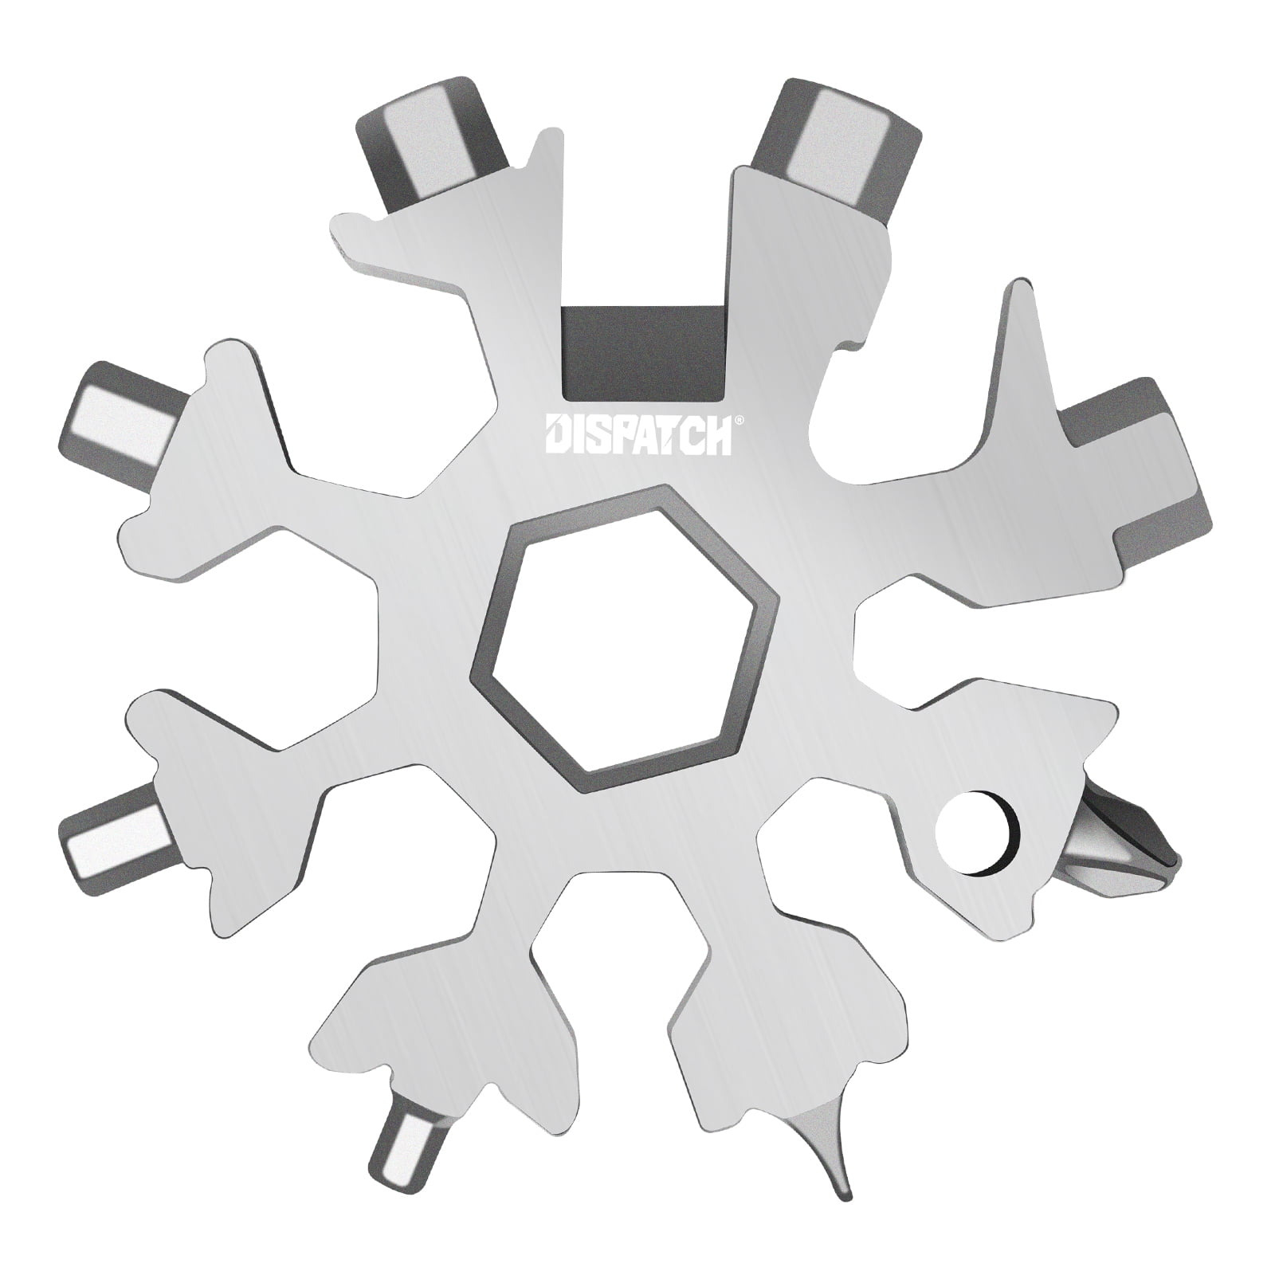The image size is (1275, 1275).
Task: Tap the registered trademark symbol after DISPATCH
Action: [x=738, y=419]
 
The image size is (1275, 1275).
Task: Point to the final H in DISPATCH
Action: [x=717, y=436]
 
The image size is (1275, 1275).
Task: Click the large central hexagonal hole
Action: [x=626, y=630]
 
